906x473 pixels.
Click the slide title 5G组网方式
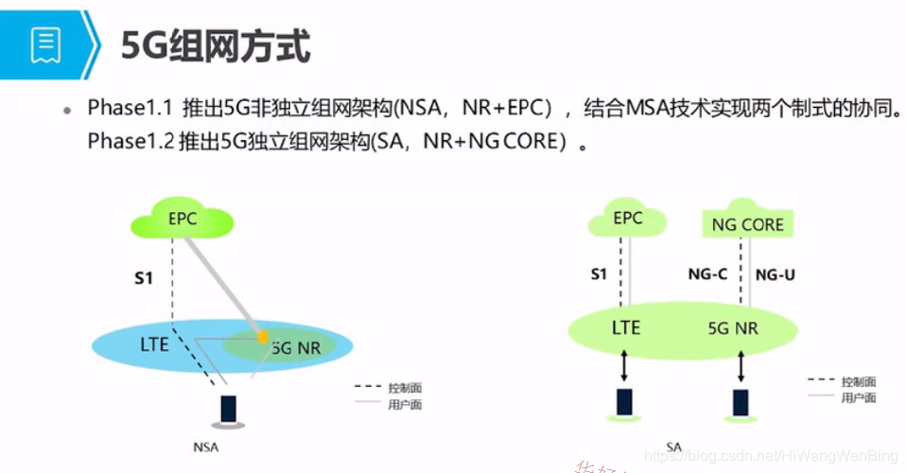(x=217, y=44)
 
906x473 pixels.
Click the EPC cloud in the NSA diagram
(x=183, y=219)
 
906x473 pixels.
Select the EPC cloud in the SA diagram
(x=627, y=219)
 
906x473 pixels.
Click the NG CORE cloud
(x=748, y=224)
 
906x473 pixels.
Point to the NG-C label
(x=707, y=275)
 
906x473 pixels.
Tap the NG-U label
(x=776, y=275)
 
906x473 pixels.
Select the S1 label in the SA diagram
(x=598, y=275)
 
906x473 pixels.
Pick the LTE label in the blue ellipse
(x=154, y=343)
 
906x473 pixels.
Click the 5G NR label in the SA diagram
(x=733, y=328)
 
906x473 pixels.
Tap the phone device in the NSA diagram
(x=228, y=409)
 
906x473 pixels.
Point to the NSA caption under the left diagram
(x=205, y=447)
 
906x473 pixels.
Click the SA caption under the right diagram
(x=673, y=447)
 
